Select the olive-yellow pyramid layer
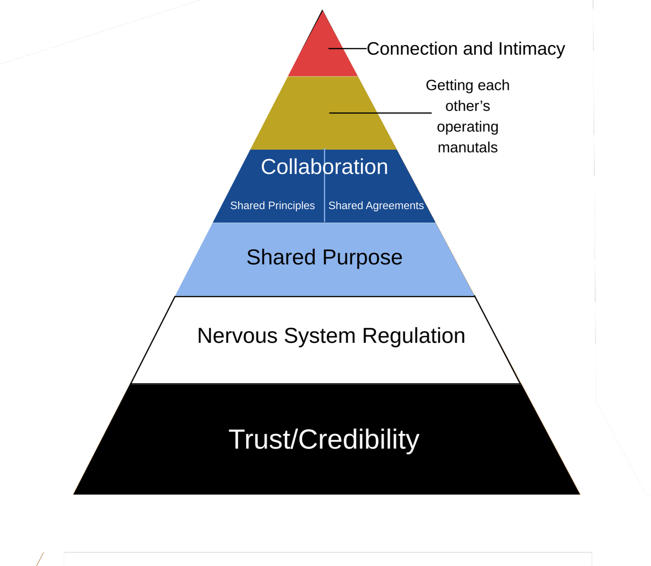[295, 122]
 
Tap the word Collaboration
[324, 167]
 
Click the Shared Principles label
[272, 205]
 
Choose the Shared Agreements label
[376, 205]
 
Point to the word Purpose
[362, 258]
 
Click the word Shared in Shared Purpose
[281, 257]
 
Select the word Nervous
[237, 336]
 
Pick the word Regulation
[413, 336]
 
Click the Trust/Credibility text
[324, 440]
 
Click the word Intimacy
[531, 49]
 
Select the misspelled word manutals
[468, 147]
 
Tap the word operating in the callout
[468, 127]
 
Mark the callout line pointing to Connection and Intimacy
[348, 49]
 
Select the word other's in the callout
[468, 106]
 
